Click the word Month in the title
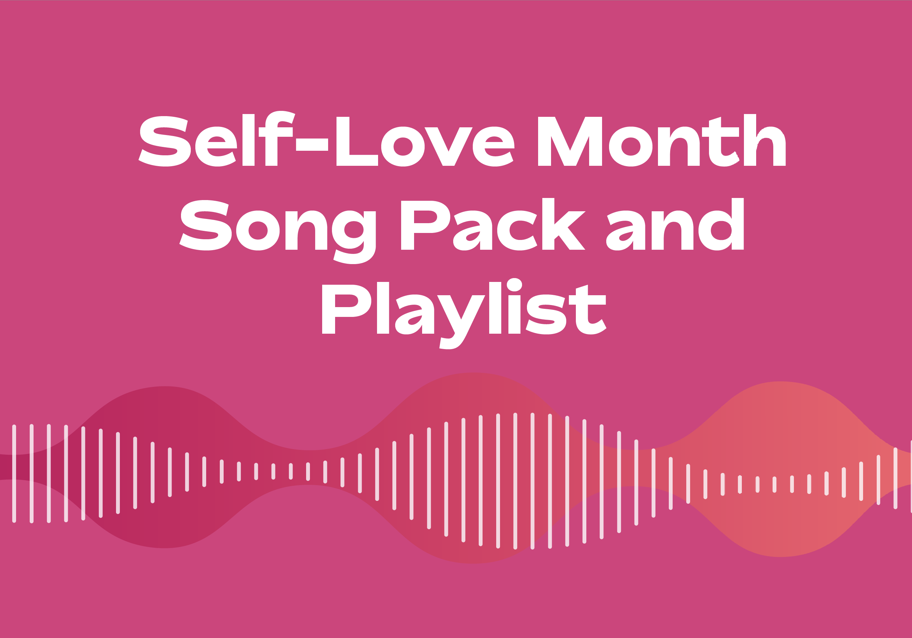pyautogui.click(x=661, y=141)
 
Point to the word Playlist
pyautogui.click(x=464, y=310)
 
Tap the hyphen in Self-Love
pyautogui.click(x=312, y=145)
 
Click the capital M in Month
pyautogui.click(x=570, y=142)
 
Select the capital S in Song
pyautogui.click(x=206, y=225)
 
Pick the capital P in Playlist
pyautogui.click(x=345, y=309)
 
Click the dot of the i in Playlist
pyautogui.click(x=514, y=285)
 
